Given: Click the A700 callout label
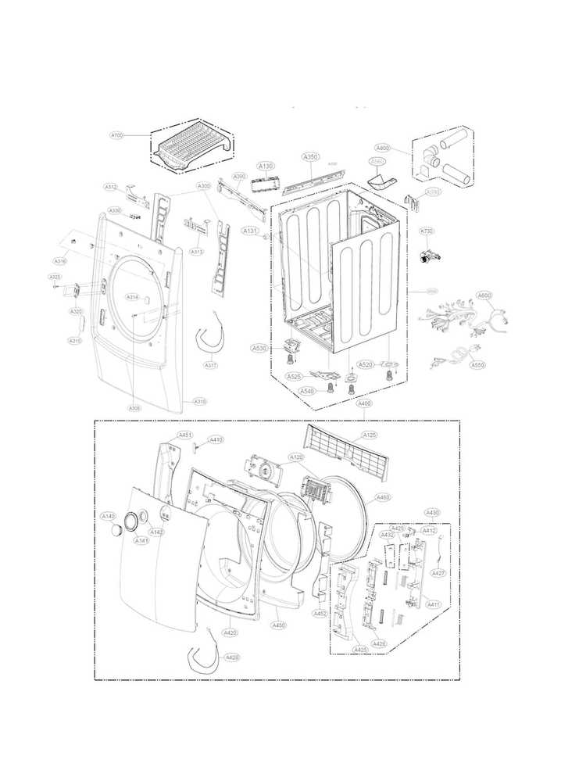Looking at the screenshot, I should pos(116,135).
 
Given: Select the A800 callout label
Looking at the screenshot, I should pos(404,147).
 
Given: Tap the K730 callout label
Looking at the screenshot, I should pos(427,231).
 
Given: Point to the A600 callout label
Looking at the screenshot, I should pos(484,296).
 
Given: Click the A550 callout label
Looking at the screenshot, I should pos(477,364).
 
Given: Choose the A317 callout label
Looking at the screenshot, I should pos(211,365).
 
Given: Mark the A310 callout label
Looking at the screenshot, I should pos(200,401).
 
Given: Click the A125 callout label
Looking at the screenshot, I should pos(370,435).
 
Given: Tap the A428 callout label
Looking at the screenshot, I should pos(232,657).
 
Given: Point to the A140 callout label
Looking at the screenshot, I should pos(109,516).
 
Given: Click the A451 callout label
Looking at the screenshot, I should pos(185,435).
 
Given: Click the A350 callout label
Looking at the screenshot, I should pos(310,157).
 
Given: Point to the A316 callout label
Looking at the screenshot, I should pos(59,260).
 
